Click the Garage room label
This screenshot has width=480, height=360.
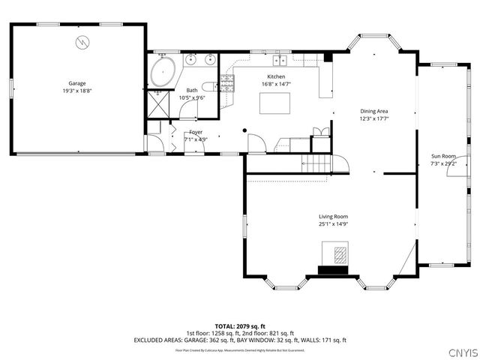tap(77, 83)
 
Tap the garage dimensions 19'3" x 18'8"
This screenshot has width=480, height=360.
tap(77, 91)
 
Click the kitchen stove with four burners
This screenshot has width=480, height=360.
tap(227, 83)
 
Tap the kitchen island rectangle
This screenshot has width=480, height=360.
tap(274, 103)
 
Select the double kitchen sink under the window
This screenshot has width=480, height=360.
tap(281, 60)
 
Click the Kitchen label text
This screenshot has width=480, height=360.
tap(276, 77)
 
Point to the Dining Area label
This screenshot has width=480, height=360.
tap(374, 111)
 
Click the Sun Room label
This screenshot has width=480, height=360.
tap(442, 156)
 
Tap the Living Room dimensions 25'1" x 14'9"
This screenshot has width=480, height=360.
tap(333, 223)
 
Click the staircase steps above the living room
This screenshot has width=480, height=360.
tap(319, 163)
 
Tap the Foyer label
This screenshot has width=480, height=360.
tap(196, 132)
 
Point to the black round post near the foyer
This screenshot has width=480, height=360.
tap(244, 131)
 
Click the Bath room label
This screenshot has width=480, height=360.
tap(192, 90)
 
